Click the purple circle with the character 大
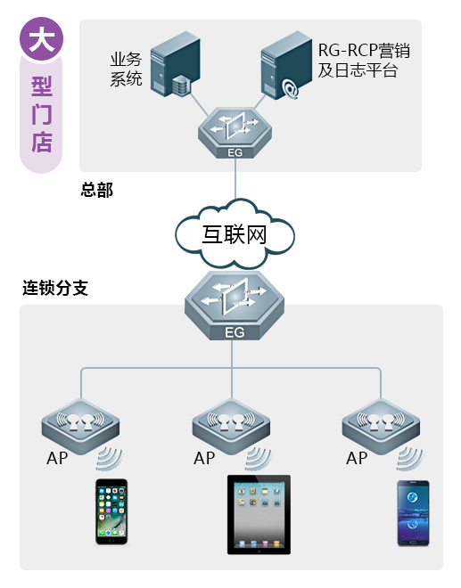41,40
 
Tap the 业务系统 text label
126,69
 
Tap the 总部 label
97,191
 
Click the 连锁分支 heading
55,289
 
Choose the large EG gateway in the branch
234,307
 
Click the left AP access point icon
80,422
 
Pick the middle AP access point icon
232,422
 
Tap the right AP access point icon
381,422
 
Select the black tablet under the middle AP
259,515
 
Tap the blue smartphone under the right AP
413,513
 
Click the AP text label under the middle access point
204,459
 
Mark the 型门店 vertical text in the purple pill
41,115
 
